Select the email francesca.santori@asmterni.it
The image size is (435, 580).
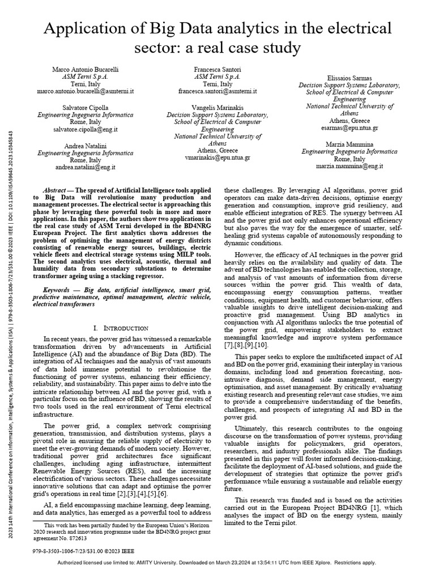(x=217, y=91)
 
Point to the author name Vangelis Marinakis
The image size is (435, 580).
(x=217, y=106)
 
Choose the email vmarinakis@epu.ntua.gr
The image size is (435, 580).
(x=217, y=158)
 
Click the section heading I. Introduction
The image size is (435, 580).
(x=120, y=327)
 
